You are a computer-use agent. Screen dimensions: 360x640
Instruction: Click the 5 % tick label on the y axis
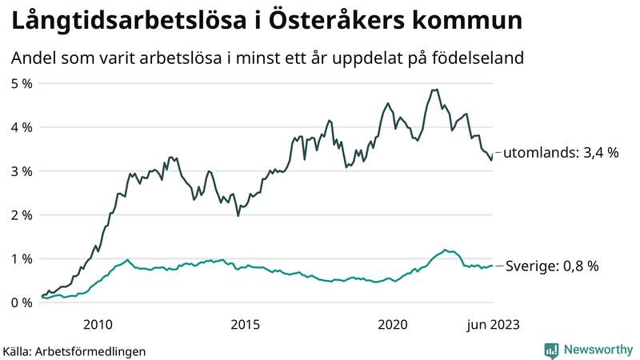point(22,83)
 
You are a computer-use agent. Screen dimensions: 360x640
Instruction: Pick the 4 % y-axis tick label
point(22,127)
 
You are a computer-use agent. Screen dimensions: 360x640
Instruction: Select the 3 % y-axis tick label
point(22,171)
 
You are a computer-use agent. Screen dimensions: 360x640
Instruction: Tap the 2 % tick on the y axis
point(22,215)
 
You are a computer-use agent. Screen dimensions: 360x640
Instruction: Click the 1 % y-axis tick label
point(22,259)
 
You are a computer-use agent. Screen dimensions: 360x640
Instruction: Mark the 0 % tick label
point(22,303)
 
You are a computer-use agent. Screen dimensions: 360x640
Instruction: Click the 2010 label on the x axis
point(97,324)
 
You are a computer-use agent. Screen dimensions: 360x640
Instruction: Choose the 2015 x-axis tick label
point(245,324)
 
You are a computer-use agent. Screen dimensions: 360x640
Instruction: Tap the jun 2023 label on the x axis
point(491,324)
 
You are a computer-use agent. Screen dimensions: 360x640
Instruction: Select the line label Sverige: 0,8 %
point(553,266)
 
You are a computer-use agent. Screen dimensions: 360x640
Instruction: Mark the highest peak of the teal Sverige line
point(445,250)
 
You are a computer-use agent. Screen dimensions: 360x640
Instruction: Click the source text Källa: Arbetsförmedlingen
point(74,350)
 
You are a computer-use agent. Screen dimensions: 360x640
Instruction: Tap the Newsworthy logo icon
point(551,350)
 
